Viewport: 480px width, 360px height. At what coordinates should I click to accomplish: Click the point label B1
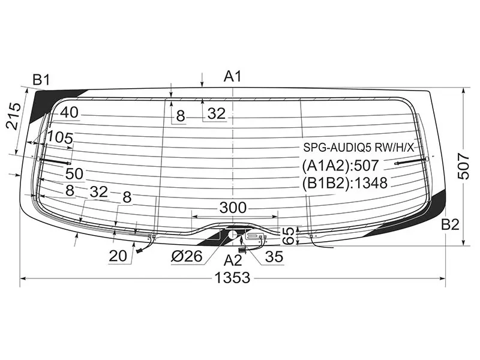[41, 80]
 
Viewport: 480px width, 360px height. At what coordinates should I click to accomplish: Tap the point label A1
[233, 76]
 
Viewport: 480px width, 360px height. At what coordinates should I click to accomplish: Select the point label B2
[450, 224]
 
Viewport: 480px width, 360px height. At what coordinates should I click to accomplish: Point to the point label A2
[233, 260]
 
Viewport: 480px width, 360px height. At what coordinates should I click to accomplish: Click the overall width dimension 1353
[232, 278]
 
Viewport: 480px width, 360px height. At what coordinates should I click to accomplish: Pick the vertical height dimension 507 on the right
[463, 167]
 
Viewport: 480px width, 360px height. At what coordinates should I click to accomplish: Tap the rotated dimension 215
[14, 116]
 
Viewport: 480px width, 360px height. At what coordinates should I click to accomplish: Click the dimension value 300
[233, 208]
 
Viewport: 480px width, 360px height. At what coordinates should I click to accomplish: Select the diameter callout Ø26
[187, 256]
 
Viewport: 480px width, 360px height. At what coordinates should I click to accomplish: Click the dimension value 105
[61, 138]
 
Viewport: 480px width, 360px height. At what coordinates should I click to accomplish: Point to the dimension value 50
[74, 173]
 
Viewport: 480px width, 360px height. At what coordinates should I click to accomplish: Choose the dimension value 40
[69, 112]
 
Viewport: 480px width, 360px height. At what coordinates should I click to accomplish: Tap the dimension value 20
[118, 256]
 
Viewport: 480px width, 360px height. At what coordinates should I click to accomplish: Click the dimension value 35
[274, 257]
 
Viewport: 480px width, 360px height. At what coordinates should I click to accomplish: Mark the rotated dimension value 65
[289, 236]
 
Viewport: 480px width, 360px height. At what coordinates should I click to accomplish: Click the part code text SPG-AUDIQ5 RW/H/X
[358, 148]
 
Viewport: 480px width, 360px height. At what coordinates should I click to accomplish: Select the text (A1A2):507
[340, 166]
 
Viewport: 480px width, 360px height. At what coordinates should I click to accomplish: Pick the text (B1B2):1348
[344, 183]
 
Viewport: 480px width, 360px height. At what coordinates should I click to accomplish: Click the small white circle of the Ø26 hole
[233, 235]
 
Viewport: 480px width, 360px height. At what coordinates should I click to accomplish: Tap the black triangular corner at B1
[46, 103]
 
